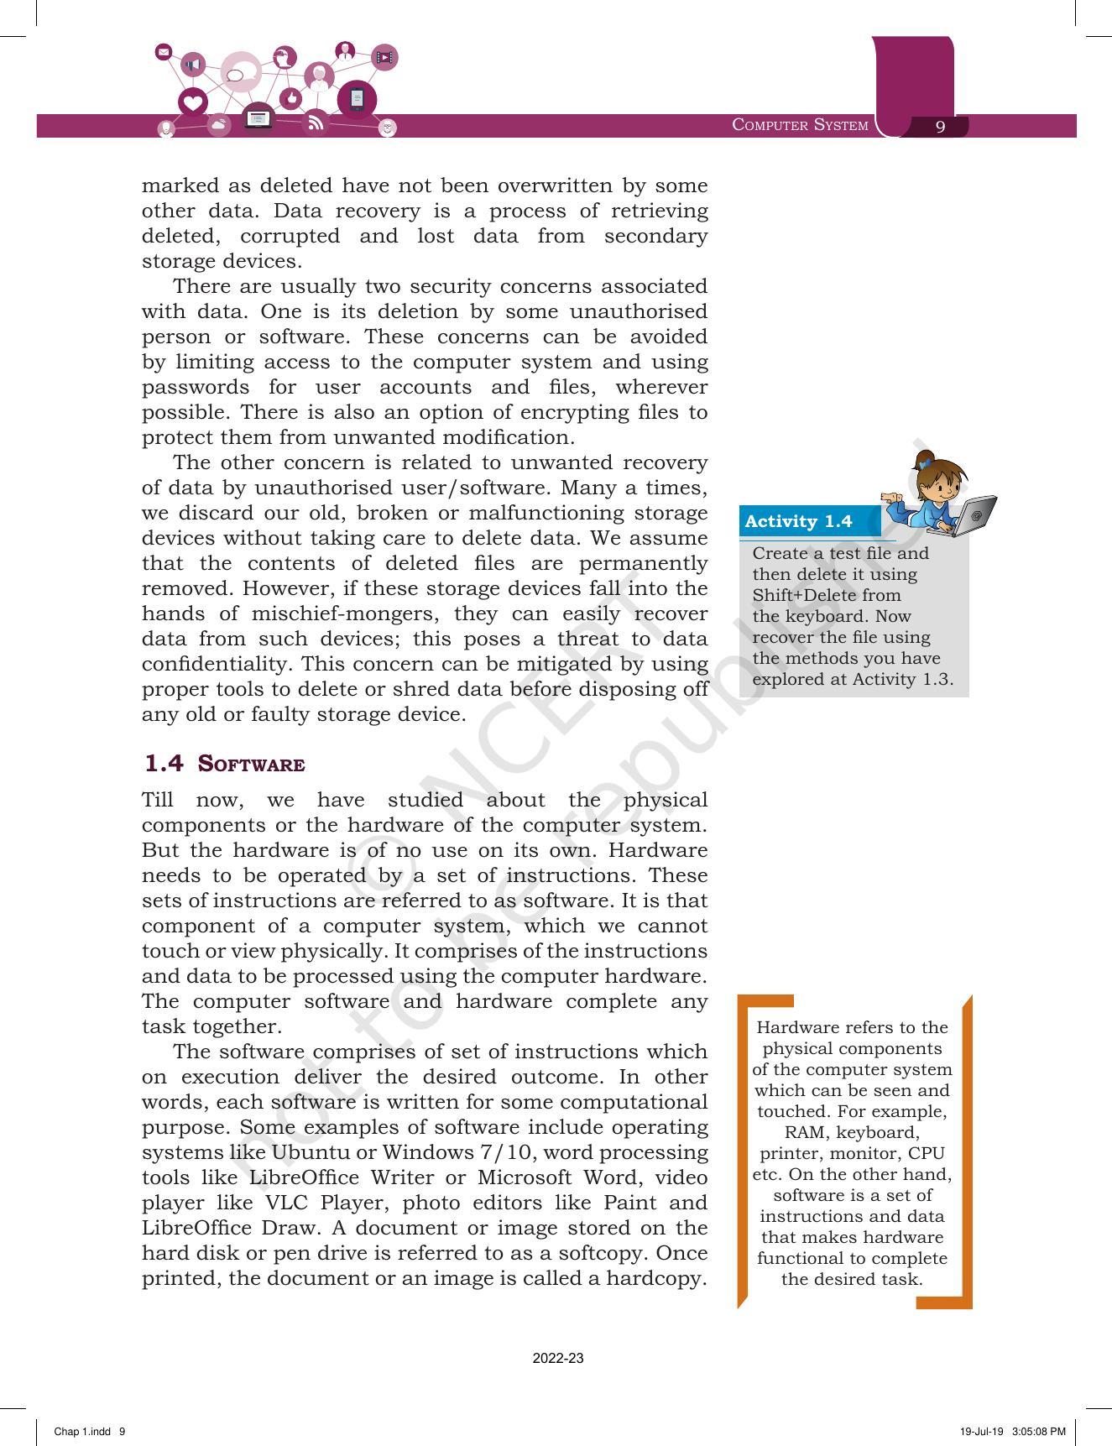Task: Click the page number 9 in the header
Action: coord(940,126)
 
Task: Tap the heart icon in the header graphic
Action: coord(193,103)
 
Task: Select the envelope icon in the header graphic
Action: coord(164,52)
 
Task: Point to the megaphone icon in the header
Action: coord(194,65)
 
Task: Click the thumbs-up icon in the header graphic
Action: coord(290,98)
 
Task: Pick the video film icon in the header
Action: coord(384,57)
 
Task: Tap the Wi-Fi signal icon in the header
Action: coord(316,123)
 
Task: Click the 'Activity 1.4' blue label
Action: coord(798,521)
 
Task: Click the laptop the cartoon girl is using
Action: coord(974,514)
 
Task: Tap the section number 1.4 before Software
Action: coord(163,763)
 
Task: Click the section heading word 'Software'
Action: coord(251,764)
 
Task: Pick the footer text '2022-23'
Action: coord(558,1358)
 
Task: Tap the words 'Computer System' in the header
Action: coord(800,125)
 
